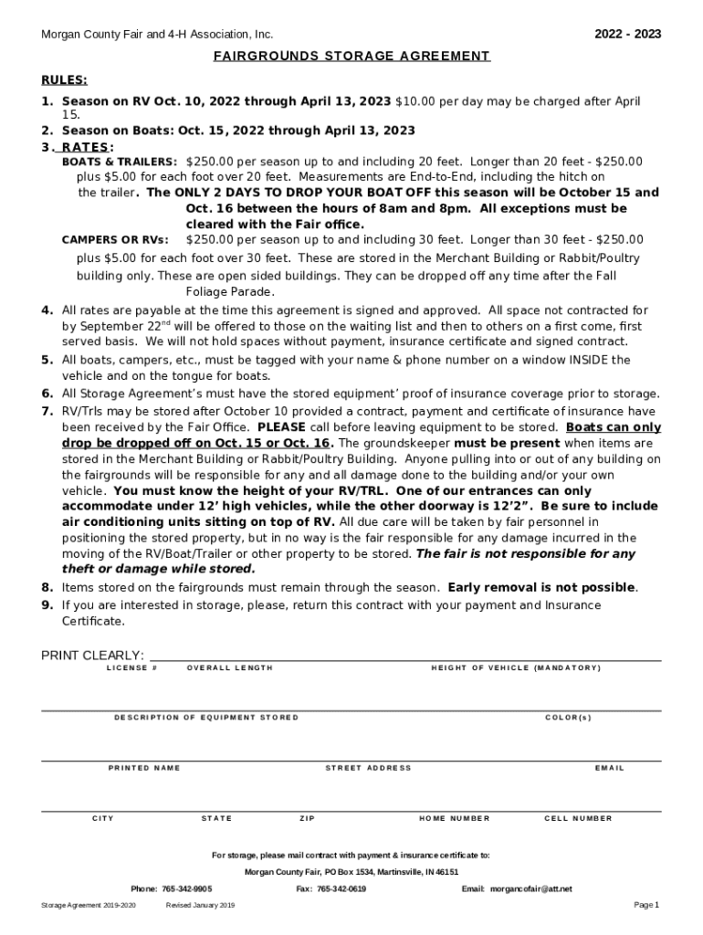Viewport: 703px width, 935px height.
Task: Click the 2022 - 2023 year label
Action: click(627, 35)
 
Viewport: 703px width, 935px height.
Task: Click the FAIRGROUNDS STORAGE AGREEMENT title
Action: click(351, 57)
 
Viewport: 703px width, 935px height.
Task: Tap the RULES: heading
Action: click(64, 79)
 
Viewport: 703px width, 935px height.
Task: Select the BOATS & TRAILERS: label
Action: click(120, 162)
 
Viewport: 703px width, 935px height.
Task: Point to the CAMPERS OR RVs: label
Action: click(115, 240)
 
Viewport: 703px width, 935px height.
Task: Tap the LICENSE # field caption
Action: click(132, 668)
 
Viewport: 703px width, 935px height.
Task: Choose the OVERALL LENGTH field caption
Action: click(229, 668)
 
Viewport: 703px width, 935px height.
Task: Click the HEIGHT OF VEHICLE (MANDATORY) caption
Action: click(516, 668)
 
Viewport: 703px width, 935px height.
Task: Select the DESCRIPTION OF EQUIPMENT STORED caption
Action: click(206, 718)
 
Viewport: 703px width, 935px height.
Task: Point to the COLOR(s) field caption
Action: click(568, 718)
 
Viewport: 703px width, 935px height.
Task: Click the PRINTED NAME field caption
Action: click(144, 768)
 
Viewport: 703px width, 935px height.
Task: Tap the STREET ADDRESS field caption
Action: click(368, 768)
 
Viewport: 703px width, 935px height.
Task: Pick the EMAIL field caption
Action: click(609, 768)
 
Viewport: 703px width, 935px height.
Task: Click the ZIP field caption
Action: click(307, 818)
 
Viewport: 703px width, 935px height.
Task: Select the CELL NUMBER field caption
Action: click(578, 818)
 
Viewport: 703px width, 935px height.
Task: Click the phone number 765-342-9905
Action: click(187, 888)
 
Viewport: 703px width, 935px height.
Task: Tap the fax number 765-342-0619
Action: click(341, 888)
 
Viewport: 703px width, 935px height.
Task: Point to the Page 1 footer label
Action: click(645, 905)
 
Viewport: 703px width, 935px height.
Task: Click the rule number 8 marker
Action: click(47, 587)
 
